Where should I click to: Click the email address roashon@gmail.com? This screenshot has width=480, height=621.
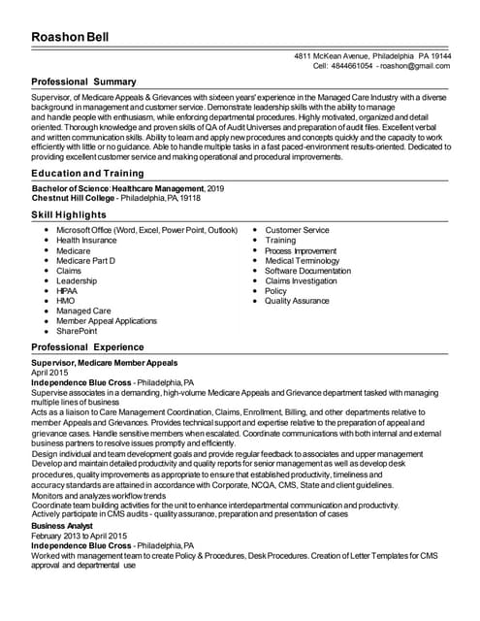pyautogui.click(x=415, y=65)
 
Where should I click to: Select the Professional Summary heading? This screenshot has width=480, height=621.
pyautogui.click(x=84, y=82)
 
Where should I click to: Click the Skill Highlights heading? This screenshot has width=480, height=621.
pyautogui.click(x=69, y=213)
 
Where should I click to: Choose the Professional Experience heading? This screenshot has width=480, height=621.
pyautogui.click(x=88, y=346)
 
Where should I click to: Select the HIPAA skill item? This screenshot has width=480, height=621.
pyautogui.click(x=67, y=291)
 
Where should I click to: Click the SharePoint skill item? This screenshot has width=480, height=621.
pyautogui.click(x=77, y=331)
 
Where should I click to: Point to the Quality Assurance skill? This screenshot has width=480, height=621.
pyautogui.click(x=297, y=301)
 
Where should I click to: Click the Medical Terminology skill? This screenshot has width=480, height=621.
pyautogui.click(x=303, y=260)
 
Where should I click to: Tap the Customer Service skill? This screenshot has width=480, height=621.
pyautogui.click(x=297, y=230)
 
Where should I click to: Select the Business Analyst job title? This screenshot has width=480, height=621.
pyautogui.click(x=62, y=525)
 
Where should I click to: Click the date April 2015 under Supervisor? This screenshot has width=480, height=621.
pyautogui.click(x=49, y=373)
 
